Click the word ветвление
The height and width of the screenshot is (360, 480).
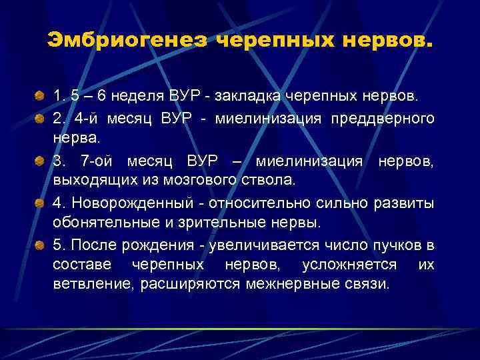tap(89, 285)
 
